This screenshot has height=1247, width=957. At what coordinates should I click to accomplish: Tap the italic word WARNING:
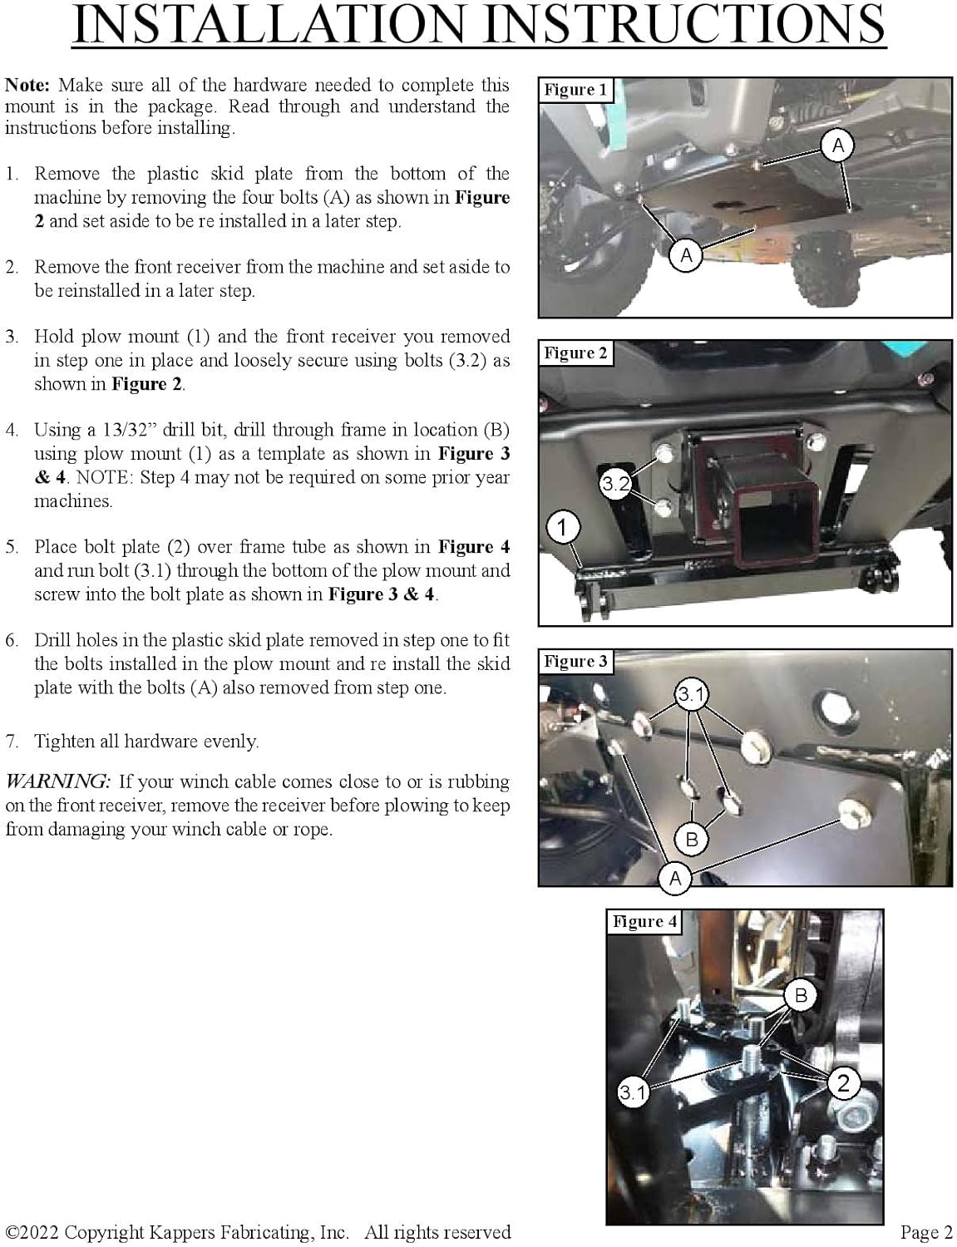pyautogui.click(x=57, y=781)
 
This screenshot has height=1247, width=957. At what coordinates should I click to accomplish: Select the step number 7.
pyautogui.click(x=12, y=742)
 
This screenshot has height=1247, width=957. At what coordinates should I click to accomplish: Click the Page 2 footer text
pyautogui.click(x=925, y=1232)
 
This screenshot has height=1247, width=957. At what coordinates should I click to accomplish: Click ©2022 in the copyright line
pyautogui.click(x=32, y=1232)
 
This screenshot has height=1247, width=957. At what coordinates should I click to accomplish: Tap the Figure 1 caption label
pyautogui.click(x=575, y=90)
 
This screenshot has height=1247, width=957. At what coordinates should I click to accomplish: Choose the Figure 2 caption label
pyautogui.click(x=575, y=353)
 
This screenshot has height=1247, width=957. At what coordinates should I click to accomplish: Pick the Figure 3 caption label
pyautogui.click(x=575, y=662)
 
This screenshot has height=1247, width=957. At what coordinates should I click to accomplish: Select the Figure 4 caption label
pyautogui.click(x=644, y=921)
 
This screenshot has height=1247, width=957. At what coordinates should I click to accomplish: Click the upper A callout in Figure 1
pyautogui.click(x=837, y=145)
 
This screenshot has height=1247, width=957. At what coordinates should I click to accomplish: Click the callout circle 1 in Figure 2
pyautogui.click(x=562, y=527)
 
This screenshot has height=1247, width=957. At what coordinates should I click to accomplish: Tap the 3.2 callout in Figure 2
pyautogui.click(x=615, y=484)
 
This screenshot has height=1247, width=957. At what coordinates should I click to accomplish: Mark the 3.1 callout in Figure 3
pyautogui.click(x=691, y=694)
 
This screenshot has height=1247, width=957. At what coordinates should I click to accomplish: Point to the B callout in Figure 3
pyautogui.click(x=691, y=839)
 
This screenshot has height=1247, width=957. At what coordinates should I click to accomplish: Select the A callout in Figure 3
pyautogui.click(x=675, y=878)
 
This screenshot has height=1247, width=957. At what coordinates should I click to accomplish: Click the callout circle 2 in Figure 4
pyautogui.click(x=843, y=1082)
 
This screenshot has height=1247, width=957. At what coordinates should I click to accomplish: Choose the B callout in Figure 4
pyautogui.click(x=801, y=995)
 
